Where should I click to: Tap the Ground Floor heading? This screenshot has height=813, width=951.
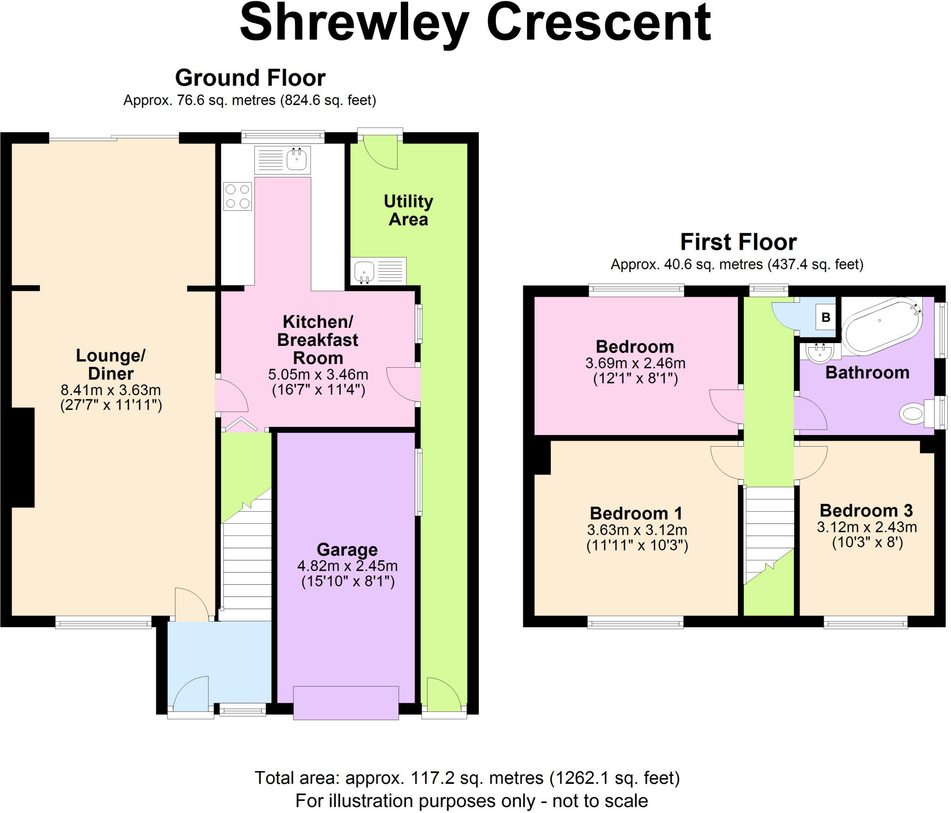point(250,78)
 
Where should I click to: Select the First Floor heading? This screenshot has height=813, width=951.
point(738,242)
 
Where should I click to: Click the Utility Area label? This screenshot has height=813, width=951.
point(408,210)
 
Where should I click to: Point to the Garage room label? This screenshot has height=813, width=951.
point(347,550)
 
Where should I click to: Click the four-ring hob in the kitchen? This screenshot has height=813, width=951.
point(238,196)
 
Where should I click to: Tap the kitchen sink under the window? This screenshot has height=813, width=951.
point(282,160)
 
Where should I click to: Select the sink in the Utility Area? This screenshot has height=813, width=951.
point(378,271)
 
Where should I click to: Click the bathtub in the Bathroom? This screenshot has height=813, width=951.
point(882,326)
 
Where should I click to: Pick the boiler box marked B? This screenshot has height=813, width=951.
point(826,318)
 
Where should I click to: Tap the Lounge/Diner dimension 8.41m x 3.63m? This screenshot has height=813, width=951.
point(111,390)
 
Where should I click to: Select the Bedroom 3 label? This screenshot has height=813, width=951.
point(866,511)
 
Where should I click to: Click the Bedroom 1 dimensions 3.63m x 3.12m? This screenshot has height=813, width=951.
point(637,530)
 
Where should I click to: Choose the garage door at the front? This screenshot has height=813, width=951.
point(346,702)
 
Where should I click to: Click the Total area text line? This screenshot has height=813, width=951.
point(467,778)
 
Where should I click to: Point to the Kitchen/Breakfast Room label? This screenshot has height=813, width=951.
point(318,340)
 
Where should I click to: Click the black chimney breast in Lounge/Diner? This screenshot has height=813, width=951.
point(23,457)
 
